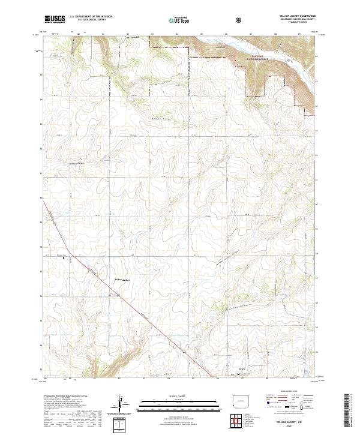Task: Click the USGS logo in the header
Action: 55,20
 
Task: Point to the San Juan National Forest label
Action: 254,58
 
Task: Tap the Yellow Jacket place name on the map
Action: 122,278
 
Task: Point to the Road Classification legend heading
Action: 287,395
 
